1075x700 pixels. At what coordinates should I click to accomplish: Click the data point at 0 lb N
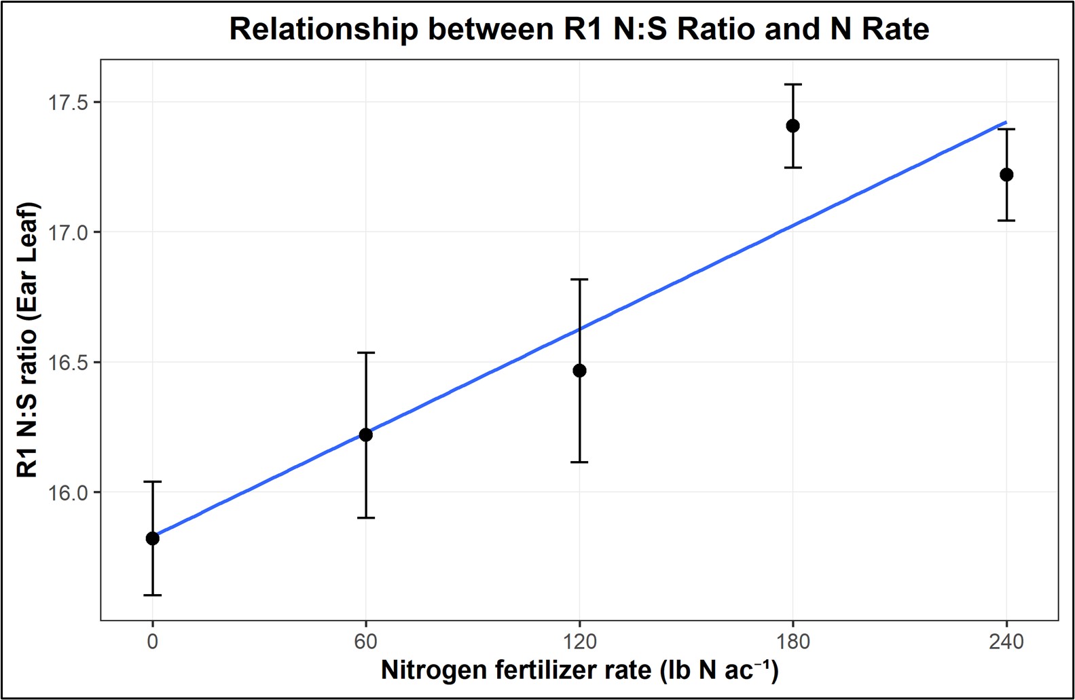coord(153,538)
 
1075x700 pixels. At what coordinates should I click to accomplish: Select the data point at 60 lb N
coord(366,435)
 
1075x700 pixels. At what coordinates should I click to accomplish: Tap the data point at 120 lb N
coord(579,371)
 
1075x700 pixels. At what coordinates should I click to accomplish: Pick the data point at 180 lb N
coord(792,126)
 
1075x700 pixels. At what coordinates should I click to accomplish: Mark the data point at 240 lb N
coord(1006,174)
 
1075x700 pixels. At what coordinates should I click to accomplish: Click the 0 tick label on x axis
coord(153,641)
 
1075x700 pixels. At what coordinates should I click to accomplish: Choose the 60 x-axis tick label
coord(366,641)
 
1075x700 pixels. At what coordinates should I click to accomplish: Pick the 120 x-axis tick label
coord(579,641)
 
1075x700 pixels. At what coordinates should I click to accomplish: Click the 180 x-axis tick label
coord(792,641)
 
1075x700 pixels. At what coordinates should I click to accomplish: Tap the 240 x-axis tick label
coord(1006,641)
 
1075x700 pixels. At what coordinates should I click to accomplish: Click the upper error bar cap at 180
coord(792,84)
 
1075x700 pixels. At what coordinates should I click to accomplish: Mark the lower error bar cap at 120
coord(579,462)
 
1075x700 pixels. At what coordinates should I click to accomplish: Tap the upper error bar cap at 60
coord(366,352)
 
